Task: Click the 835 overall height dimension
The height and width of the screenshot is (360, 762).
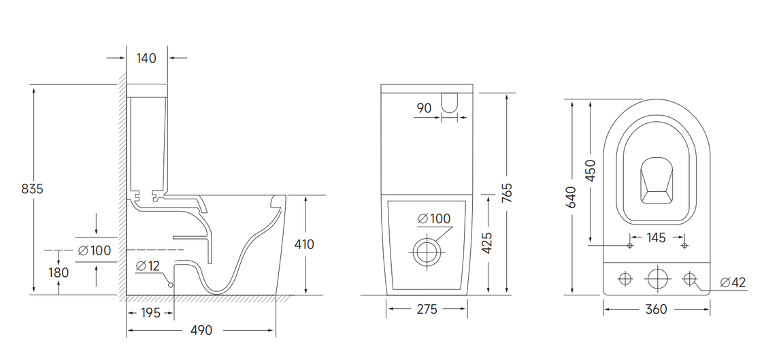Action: [x=32, y=189]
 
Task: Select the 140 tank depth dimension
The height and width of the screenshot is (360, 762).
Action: [x=146, y=59]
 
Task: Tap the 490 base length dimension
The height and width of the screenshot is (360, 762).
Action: [x=201, y=330]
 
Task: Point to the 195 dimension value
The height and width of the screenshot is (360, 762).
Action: [x=150, y=313]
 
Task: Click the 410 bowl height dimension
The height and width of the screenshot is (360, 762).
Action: [x=304, y=244]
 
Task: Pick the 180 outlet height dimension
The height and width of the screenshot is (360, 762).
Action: [x=59, y=272]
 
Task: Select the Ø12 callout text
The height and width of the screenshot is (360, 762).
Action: [x=148, y=266]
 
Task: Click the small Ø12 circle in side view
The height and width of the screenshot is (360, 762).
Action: [x=171, y=284]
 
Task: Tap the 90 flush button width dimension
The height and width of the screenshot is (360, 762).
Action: [x=425, y=108]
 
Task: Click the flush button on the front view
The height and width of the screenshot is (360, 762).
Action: [x=449, y=103]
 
